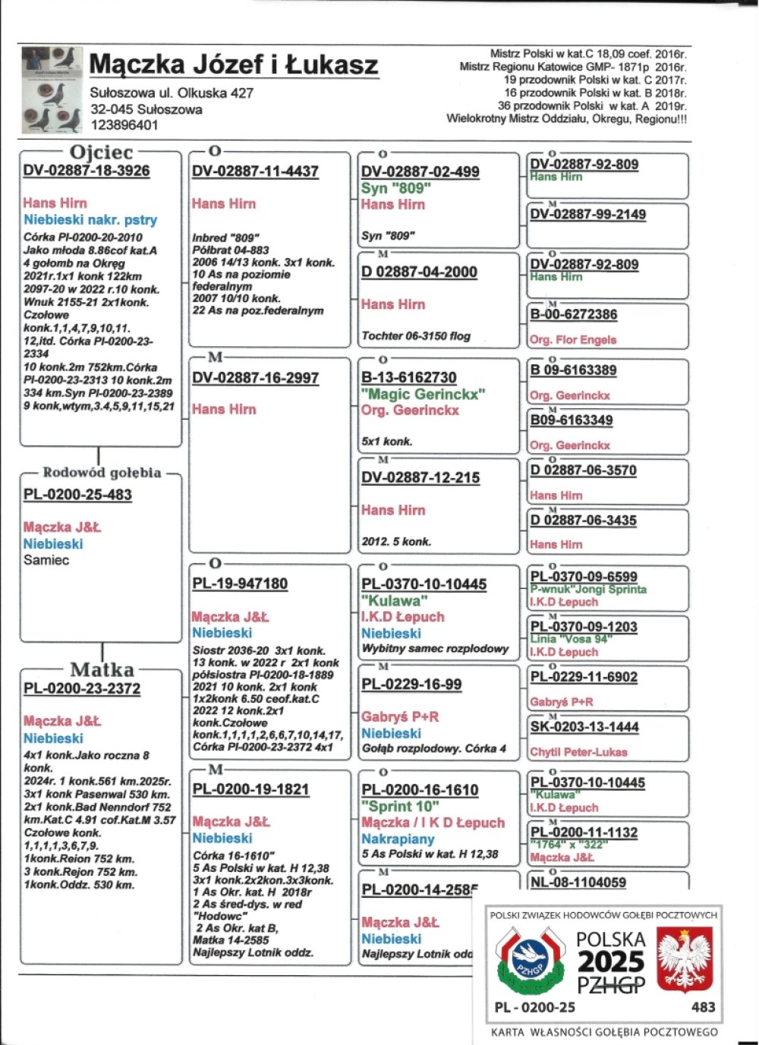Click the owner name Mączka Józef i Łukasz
(234, 65)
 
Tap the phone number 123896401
(124, 125)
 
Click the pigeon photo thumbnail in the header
(52, 90)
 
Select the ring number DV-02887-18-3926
(87, 171)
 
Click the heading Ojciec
(101, 153)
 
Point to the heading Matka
(102, 669)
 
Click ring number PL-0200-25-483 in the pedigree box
(77, 495)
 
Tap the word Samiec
(46, 560)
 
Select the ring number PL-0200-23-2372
(82, 688)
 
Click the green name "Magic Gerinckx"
(423, 394)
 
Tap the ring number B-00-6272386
(574, 314)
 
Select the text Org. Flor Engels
(573, 340)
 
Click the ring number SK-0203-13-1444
(584, 727)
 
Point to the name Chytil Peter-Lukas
(578, 752)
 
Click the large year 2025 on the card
(611, 962)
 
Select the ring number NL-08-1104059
(578, 883)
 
